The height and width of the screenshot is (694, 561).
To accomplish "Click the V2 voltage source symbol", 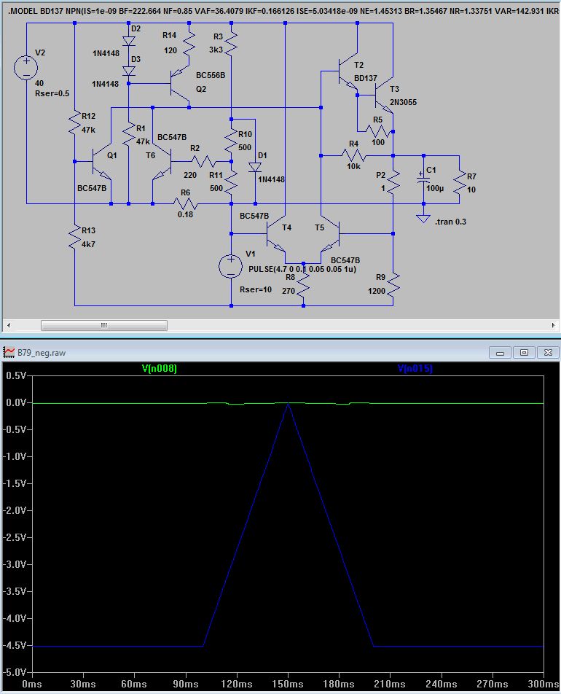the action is tap(26, 68).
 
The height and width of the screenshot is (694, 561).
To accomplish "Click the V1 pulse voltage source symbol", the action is tap(230, 267).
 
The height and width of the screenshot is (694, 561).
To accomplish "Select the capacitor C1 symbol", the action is tap(423, 179).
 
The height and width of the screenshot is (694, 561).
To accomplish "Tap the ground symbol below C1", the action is tap(423, 219).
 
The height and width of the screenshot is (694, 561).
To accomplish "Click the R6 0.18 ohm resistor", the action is tap(185, 203).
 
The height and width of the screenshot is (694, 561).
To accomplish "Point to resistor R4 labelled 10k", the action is tap(353, 155).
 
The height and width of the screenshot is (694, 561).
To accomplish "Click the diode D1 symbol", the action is tap(255, 167).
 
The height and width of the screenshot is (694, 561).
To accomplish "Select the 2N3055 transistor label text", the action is tap(403, 102).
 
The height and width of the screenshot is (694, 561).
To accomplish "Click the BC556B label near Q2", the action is tap(211, 75).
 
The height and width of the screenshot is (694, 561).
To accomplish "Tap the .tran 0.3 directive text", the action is tap(450, 222).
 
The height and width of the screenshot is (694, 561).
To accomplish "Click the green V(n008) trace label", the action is tap(160, 368).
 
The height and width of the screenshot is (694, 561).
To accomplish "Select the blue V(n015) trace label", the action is tap(415, 368).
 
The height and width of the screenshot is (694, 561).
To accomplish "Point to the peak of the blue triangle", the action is tap(288, 404).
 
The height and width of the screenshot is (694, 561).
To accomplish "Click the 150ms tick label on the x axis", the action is tap(288, 684).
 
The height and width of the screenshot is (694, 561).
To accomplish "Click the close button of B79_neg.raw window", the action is tap(548, 353).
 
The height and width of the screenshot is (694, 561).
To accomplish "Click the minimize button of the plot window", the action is tap(501, 353).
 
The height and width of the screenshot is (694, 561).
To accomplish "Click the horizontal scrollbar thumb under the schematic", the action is tap(104, 325).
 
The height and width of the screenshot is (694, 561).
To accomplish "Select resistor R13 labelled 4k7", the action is tap(75, 238).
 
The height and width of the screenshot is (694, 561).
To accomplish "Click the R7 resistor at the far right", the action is tap(459, 182).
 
